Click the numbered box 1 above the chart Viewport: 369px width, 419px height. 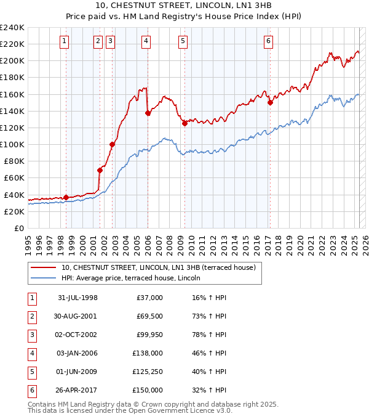(x=65, y=41)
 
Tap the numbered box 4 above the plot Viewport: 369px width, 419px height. (x=146, y=41)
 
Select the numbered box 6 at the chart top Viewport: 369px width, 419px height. (x=269, y=41)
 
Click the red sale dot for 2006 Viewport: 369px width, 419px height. (x=148, y=113)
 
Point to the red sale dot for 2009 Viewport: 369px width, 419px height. (x=184, y=123)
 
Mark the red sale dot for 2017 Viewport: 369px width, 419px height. (x=270, y=103)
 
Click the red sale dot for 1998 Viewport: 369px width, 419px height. (x=66, y=197)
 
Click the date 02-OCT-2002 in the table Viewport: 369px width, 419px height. (x=77, y=334)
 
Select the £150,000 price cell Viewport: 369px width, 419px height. (x=148, y=390)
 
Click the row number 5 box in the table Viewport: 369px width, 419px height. (x=31, y=372)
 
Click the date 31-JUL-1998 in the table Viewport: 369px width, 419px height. (x=77, y=297)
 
